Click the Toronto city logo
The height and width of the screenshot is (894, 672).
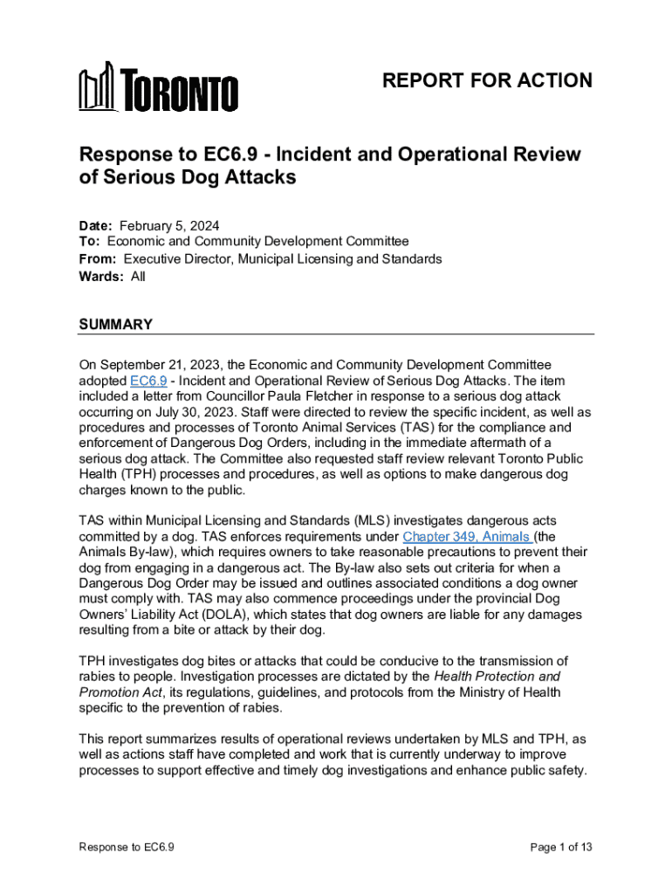coord(158,87)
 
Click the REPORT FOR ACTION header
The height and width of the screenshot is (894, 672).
coord(487,81)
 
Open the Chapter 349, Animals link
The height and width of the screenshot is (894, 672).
coord(467,537)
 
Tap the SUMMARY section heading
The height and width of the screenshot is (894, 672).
coord(115,325)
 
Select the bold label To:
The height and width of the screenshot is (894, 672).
coord(90,242)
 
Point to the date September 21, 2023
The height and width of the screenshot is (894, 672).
coord(162,364)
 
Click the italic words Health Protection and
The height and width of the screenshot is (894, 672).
coord(497,677)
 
